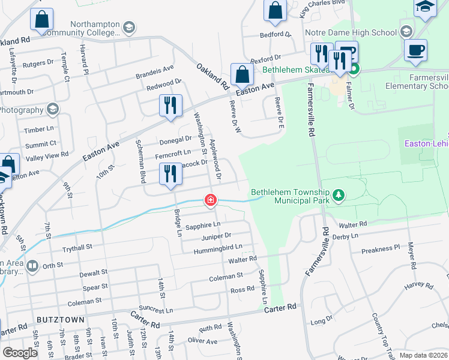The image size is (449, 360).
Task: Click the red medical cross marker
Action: (x=211, y=200)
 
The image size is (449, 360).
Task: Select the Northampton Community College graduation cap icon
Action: (x=129, y=28)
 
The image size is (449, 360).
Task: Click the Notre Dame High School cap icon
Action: (x=406, y=31)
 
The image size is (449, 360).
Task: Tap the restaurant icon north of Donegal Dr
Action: (x=170, y=106)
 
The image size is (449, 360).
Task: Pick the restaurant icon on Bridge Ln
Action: (x=170, y=174)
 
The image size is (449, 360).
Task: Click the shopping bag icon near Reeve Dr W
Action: (x=241, y=74)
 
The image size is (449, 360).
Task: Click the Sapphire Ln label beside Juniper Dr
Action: (x=203, y=226)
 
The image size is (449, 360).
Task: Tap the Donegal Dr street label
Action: (x=175, y=139)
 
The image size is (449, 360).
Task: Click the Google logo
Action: (x=20, y=352)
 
